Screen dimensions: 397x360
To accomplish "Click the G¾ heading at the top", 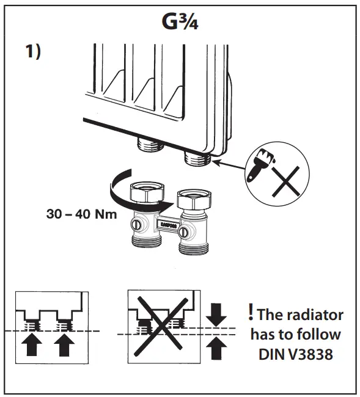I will (180, 23).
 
